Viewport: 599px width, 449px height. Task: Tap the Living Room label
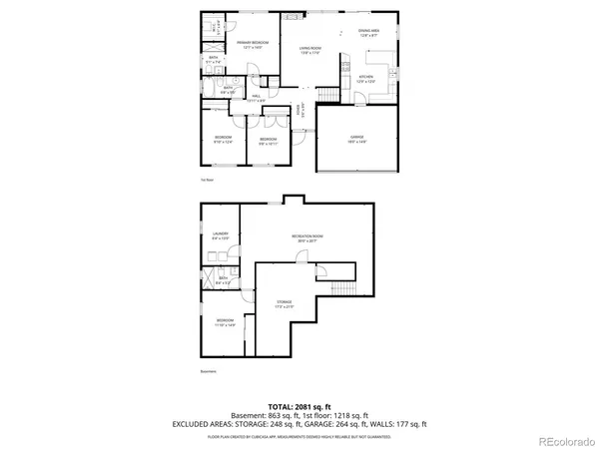click(310, 50)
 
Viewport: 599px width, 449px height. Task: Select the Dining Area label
click(368, 33)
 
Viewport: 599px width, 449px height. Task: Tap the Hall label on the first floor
click(257, 97)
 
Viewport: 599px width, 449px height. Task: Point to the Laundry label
click(221, 236)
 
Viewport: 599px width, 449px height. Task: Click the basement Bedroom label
click(224, 322)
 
